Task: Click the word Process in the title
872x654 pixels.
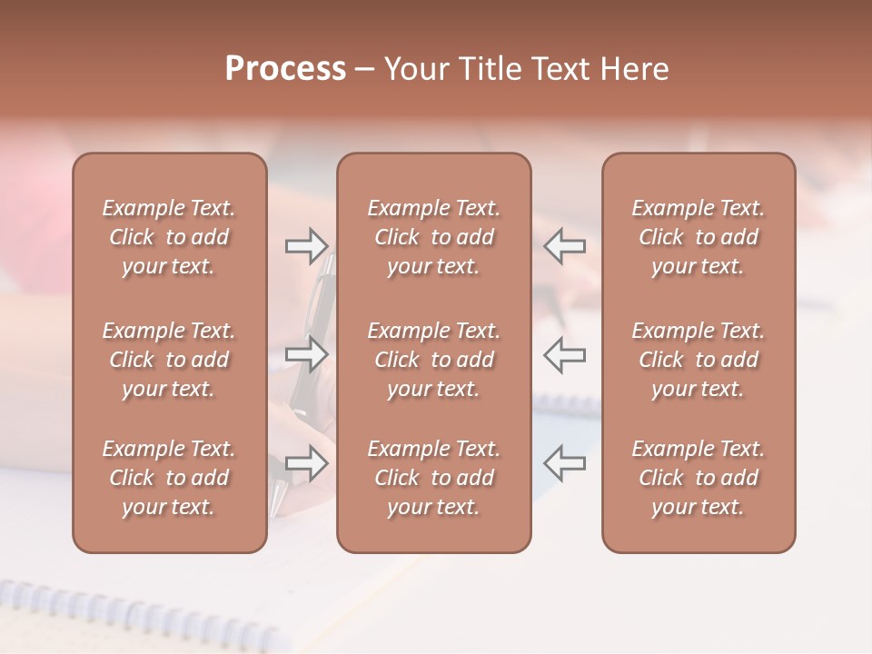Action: click(285, 69)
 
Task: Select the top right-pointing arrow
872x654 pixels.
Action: click(307, 245)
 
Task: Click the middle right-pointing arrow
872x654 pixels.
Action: click(307, 354)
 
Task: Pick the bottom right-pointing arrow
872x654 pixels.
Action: click(307, 463)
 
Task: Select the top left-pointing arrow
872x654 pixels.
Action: click(565, 245)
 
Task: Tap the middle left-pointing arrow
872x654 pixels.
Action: click(565, 354)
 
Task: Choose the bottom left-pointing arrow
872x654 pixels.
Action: click(565, 463)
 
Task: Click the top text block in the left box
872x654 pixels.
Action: click(169, 237)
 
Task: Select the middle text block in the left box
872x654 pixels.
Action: click(169, 360)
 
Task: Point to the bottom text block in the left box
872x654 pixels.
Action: click(169, 478)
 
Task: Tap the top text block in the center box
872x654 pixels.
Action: click(433, 237)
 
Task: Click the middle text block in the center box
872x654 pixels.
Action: click(433, 360)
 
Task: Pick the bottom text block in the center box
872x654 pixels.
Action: click(433, 478)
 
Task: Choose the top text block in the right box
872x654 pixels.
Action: click(698, 237)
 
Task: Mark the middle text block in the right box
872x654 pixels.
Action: click(698, 360)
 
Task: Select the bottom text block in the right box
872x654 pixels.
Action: click(698, 478)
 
